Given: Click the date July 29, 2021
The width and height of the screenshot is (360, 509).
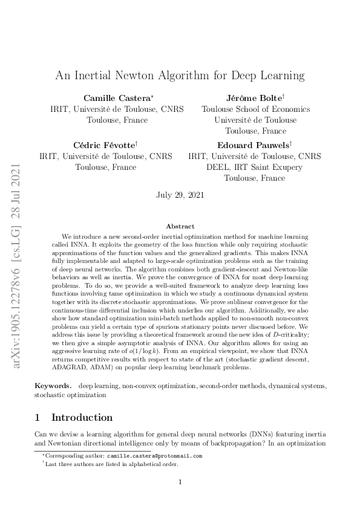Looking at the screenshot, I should pyautogui.click(x=180, y=195).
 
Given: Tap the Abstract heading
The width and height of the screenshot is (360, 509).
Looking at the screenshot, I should pyautogui.click(x=180, y=226).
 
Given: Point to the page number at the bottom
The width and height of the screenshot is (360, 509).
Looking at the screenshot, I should pyautogui.click(x=180, y=482).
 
